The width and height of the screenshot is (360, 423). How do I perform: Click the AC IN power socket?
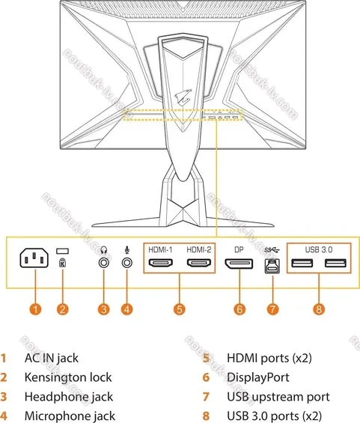34,258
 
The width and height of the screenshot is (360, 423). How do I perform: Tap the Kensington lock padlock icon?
62,263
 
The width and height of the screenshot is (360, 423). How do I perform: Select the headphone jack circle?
104,262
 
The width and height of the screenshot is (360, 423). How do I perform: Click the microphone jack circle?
127,262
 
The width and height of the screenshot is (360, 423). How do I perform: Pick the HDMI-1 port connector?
161,263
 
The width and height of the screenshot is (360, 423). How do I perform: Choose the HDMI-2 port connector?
199,263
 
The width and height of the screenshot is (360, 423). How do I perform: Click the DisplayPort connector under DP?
240,264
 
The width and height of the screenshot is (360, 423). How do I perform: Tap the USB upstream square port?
272,267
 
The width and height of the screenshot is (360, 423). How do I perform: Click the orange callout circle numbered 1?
36,309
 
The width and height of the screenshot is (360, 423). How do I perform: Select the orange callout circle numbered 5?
180,309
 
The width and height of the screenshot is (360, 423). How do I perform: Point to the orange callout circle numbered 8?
319,309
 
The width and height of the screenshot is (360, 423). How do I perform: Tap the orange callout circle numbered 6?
240,309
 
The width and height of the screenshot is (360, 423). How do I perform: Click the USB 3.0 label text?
319,249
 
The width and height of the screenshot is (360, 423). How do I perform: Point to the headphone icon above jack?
104,250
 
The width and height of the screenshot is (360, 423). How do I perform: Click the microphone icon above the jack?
127,250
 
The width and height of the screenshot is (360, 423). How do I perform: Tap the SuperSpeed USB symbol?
272,250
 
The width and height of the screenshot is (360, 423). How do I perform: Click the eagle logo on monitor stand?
183,96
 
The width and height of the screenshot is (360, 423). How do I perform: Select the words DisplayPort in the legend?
258,377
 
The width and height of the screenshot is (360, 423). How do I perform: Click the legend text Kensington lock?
68,377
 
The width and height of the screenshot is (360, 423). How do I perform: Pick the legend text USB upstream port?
278,397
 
